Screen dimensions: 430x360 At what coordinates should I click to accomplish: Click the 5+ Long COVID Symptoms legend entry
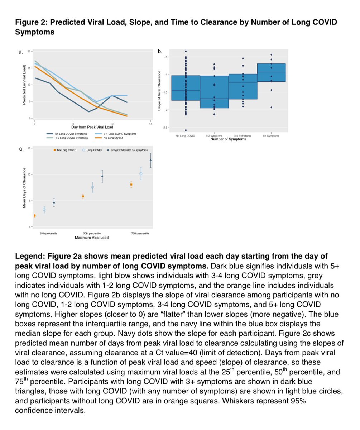coord(71,134)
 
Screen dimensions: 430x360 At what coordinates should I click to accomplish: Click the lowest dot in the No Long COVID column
coord(186,130)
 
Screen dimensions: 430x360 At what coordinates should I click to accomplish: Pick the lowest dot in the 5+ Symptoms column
coord(271,107)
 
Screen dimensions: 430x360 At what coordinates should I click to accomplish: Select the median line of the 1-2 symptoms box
coord(214,99)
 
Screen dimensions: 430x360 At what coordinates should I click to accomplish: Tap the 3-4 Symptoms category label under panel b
coord(243,136)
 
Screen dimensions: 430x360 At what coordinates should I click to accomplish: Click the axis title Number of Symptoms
coord(228,139)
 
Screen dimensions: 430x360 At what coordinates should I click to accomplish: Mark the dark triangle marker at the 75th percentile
coord(150,160)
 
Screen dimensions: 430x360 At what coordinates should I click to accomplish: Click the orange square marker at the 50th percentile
coord(83,196)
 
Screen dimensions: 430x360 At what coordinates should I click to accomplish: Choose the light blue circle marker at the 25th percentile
coord(44,210)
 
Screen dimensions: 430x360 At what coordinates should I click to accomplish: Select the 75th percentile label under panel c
coord(140,234)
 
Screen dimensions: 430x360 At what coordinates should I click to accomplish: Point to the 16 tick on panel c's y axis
coord(29,148)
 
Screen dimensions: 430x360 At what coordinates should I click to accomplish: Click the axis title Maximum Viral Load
coord(91,237)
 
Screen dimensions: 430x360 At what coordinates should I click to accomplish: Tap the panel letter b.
coord(160,52)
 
